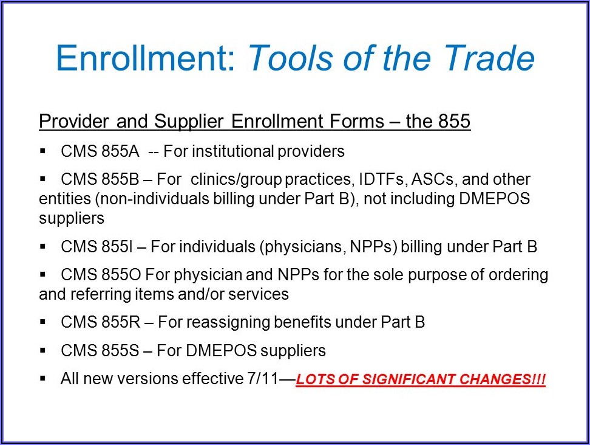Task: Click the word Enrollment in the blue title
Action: click(x=146, y=58)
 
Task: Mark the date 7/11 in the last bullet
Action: click(x=262, y=379)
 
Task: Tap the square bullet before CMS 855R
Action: click(x=42, y=322)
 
